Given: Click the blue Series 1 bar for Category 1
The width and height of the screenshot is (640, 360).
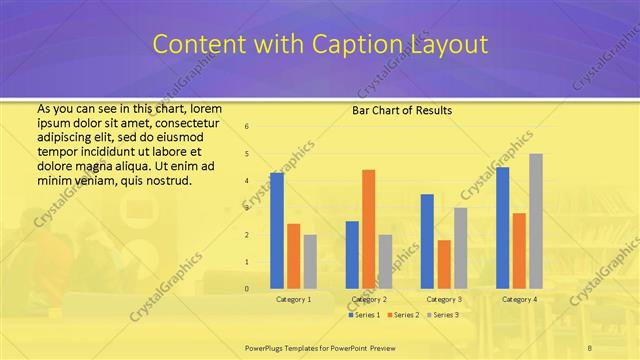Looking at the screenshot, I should (x=277, y=230).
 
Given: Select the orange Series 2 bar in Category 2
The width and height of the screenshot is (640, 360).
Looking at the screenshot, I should (x=368, y=228).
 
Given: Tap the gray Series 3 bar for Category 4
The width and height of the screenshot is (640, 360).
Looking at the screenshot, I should (x=536, y=220).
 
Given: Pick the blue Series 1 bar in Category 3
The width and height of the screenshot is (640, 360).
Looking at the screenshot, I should (x=427, y=241).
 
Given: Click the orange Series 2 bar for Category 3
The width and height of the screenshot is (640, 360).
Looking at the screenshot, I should (x=444, y=264).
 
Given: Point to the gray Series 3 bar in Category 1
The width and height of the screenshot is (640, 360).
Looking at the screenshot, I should (x=310, y=261).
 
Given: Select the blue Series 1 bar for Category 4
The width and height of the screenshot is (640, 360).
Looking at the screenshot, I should (x=502, y=227).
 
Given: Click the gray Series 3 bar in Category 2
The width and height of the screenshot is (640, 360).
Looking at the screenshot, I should (x=385, y=261).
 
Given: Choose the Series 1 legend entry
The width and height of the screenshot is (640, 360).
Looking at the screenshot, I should (x=364, y=315).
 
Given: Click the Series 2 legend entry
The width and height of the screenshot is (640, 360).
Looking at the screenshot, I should (x=404, y=315).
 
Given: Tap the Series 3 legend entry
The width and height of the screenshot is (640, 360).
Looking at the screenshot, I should (x=443, y=315).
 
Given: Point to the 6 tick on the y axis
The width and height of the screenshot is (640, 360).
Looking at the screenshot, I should (x=247, y=126).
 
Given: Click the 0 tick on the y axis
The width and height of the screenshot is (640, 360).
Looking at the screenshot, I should (x=247, y=288).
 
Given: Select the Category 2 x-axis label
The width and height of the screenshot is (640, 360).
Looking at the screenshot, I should (x=368, y=299).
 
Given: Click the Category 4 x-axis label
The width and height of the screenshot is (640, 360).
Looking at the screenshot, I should (x=519, y=299).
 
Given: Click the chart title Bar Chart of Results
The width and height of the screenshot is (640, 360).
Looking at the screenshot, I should (x=402, y=109).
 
